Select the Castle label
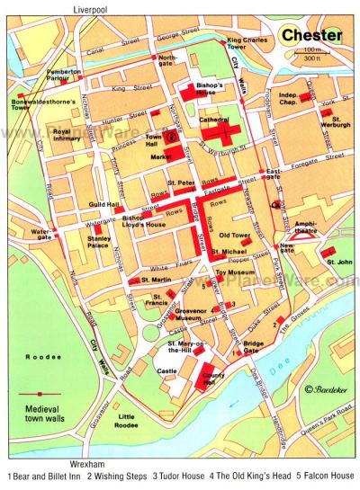coord(167,370)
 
